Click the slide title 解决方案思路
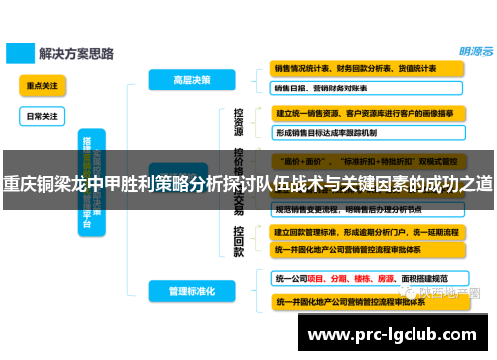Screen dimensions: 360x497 (75, 51)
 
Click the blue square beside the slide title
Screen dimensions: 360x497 (18, 51)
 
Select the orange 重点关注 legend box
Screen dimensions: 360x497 (41, 86)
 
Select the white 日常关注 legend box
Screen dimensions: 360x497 (41, 116)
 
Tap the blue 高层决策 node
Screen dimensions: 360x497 (193, 79)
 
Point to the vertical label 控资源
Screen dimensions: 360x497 (239, 123)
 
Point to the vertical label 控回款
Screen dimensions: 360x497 (239, 240)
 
